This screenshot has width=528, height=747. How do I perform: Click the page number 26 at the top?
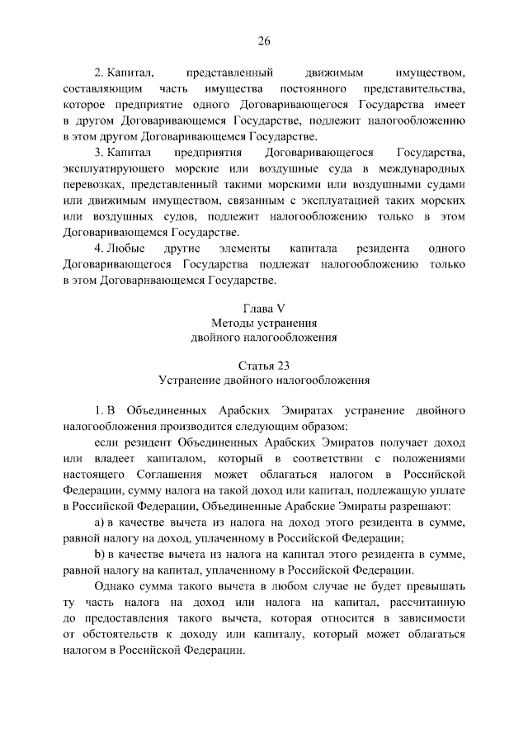pyautogui.click(x=263, y=41)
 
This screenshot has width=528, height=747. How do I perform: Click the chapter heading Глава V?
pyautogui.click(x=264, y=308)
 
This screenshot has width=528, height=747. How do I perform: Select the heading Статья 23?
pyautogui.click(x=264, y=364)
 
